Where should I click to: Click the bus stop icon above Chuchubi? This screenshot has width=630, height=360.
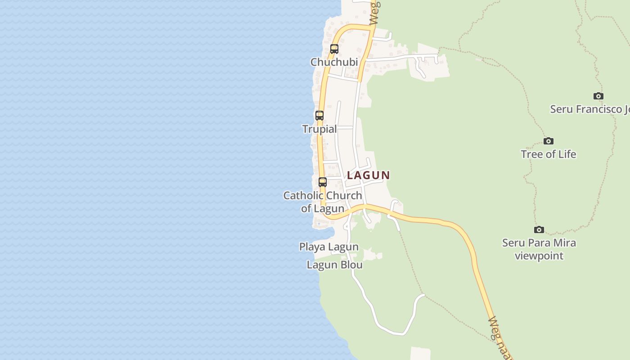tap(334, 49)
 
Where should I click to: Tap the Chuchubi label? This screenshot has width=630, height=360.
tap(334, 62)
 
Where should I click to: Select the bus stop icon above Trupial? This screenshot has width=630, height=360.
tap(319, 116)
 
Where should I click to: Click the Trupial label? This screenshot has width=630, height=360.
tap(319, 129)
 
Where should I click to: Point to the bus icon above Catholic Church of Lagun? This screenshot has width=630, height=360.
tap(323, 182)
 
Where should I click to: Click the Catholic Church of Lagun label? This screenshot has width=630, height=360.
tap(323, 202)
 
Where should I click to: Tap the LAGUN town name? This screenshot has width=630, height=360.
tap(369, 175)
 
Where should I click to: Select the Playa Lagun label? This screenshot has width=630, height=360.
tap(329, 247)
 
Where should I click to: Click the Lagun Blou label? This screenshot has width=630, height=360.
tap(335, 265)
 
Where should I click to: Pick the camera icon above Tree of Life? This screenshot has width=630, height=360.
tap(548, 141)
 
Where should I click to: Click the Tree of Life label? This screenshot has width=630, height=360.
tap(548, 154)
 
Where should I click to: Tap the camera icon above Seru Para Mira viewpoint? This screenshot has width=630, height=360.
tap(539, 230)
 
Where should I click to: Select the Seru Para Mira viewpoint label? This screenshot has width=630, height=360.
tap(539, 249)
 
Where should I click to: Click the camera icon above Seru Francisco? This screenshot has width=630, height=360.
tap(598, 96)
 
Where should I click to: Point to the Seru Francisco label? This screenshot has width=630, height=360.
tap(590, 109)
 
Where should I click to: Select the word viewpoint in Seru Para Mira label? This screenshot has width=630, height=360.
tap(539, 256)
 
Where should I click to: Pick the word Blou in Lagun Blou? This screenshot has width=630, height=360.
tap(351, 265)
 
